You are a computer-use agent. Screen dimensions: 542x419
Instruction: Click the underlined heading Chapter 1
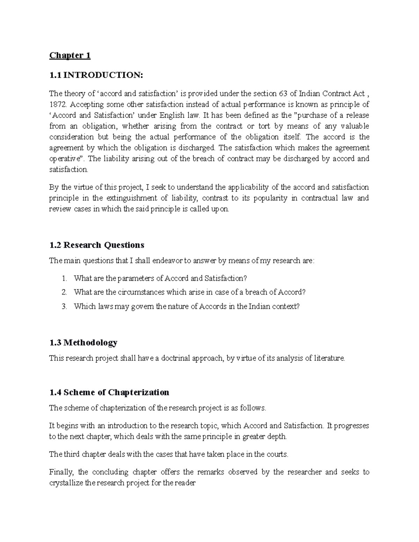click(70, 55)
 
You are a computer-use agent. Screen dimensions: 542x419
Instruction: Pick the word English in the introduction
click(172, 115)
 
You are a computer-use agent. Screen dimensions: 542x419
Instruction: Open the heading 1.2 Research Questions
click(97, 245)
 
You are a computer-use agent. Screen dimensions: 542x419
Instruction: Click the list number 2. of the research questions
click(64, 292)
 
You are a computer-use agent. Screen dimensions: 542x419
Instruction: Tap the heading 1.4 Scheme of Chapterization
click(109, 392)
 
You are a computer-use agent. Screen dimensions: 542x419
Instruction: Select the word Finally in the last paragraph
click(61, 472)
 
